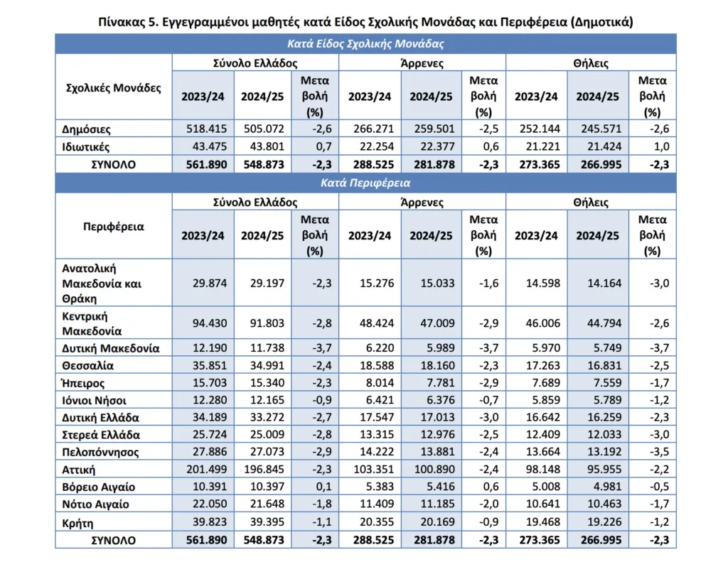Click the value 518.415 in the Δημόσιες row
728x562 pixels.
pos(207,129)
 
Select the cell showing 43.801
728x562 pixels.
pos(264,146)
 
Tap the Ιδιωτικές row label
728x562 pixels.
pos(86,147)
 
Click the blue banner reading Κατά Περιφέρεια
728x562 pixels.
pos(365,183)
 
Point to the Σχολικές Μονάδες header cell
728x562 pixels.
pos(114,88)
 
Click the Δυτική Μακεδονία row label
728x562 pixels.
pos(110,349)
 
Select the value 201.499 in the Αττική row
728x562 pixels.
pos(207,469)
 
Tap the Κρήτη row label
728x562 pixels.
pos(77,523)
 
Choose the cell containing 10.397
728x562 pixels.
pos(264,487)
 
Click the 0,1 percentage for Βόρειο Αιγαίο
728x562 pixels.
pos(323,487)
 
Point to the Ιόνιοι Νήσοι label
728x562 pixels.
pos(95,401)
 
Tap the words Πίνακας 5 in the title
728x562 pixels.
pos(129,22)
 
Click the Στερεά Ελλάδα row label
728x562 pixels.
pos(101,435)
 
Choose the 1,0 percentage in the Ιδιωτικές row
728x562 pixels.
pos(661,146)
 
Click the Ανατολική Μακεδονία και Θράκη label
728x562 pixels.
pos(102,283)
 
